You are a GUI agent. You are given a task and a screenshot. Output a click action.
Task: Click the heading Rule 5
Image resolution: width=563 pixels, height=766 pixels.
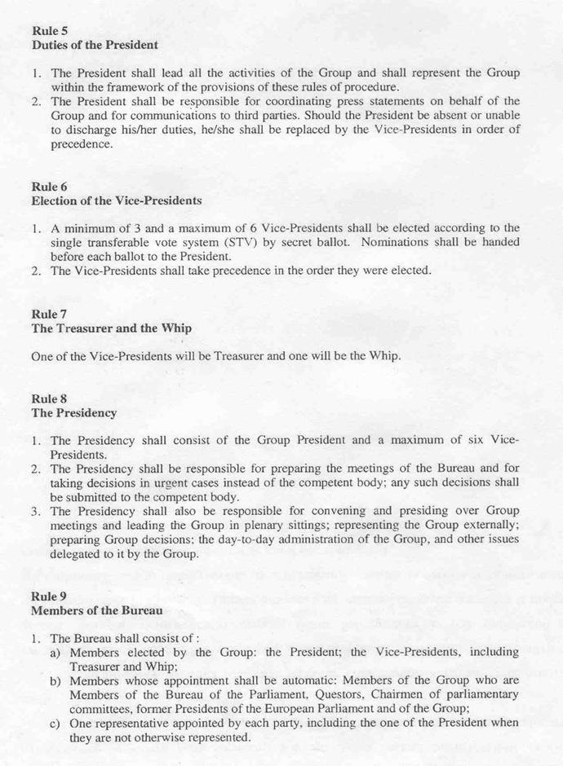(50, 30)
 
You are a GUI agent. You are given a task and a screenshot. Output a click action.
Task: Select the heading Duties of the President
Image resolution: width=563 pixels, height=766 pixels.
(95, 45)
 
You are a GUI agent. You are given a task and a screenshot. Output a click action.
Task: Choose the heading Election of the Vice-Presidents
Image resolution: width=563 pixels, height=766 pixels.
(116, 200)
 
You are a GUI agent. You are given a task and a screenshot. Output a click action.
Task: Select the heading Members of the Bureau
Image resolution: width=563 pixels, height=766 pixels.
(97, 610)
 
